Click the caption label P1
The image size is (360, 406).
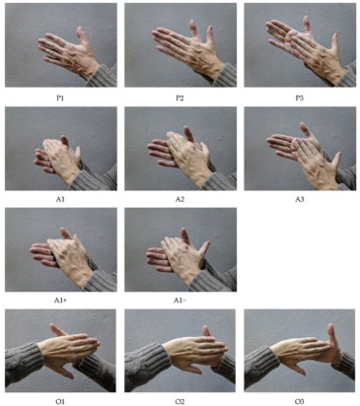click(x=60, y=97)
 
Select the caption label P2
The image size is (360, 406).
click(x=180, y=97)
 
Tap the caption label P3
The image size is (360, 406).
click(x=299, y=97)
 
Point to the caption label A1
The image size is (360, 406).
click(x=60, y=198)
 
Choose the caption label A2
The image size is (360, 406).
click(x=180, y=198)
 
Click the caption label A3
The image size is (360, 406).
click(x=299, y=198)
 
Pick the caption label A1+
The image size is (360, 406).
click(x=60, y=299)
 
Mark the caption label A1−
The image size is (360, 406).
click(x=180, y=299)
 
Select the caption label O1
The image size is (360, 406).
click(x=60, y=399)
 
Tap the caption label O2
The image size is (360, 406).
click(x=180, y=399)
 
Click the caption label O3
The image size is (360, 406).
click(x=299, y=399)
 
